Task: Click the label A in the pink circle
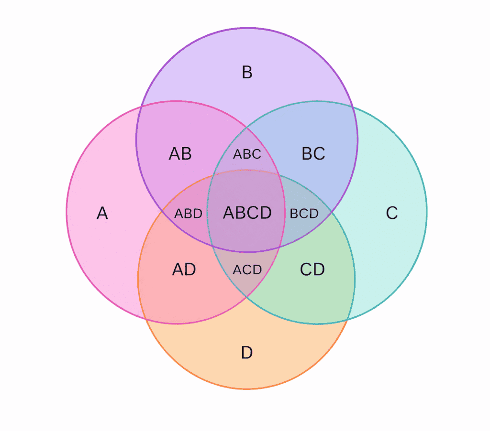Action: pyautogui.click(x=102, y=214)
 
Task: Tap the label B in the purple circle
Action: pyautogui.click(x=247, y=72)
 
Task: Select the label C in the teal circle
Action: pyautogui.click(x=392, y=213)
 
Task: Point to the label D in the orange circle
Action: pyautogui.click(x=247, y=353)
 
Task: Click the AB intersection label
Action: pyautogui.click(x=180, y=154)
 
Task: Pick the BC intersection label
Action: pyautogui.click(x=313, y=154)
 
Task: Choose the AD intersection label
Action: pyautogui.click(x=184, y=269)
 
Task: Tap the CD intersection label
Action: pyautogui.click(x=312, y=269)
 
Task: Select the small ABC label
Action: pyautogui.click(x=247, y=154)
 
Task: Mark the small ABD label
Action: pyautogui.click(x=188, y=214)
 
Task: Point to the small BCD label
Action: pyautogui.click(x=304, y=214)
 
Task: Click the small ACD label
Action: pyautogui.click(x=247, y=270)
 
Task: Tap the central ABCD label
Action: pyautogui.click(x=247, y=213)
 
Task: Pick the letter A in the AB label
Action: pyautogui.click(x=175, y=154)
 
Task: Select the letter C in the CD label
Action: pyautogui.click(x=306, y=269)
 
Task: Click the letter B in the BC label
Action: pyautogui.click(x=307, y=154)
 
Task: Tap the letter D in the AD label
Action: pyautogui.click(x=190, y=269)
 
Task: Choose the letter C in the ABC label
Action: pyautogui.click(x=257, y=154)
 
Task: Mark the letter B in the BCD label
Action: pyautogui.click(x=294, y=214)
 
